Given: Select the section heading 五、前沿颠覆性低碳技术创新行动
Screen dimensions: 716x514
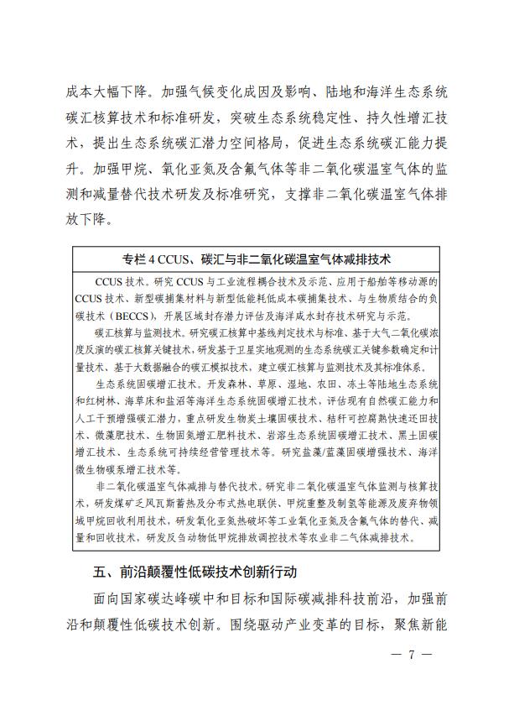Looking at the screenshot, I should [195, 572].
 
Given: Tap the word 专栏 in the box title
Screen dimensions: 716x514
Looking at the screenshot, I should [134, 255].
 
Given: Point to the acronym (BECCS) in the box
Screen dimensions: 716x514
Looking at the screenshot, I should [134, 316].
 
